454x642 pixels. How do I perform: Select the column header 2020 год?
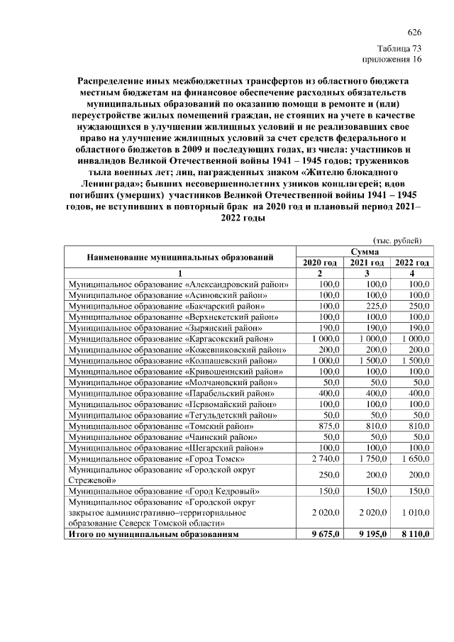(x=319, y=262)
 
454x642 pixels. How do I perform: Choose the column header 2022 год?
(x=411, y=262)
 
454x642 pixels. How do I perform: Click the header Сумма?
(x=365, y=251)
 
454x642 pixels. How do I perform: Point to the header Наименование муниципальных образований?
(x=180, y=257)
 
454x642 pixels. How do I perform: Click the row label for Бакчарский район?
(x=171, y=306)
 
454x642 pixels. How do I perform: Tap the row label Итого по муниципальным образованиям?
(x=153, y=533)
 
